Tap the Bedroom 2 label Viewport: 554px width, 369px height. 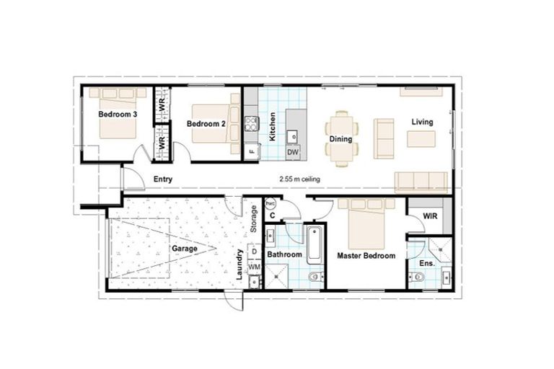click(206, 124)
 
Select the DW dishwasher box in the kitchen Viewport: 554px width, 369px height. click(293, 152)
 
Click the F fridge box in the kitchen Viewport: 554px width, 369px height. click(252, 152)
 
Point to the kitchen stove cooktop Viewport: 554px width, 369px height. click(251, 123)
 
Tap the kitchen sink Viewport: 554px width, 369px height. click(294, 134)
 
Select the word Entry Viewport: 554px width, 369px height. click(162, 179)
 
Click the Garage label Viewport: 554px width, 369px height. click(184, 248)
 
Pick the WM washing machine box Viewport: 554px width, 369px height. click(254, 267)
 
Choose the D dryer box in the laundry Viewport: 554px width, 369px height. click(254, 252)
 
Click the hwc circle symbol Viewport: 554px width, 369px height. click(271, 203)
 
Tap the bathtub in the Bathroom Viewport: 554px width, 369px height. click(315, 246)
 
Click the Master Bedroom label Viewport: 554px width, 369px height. click(366, 256)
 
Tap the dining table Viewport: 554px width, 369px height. click(340, 138)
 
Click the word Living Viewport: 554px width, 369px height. click(422, 122)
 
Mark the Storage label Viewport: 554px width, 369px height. click(254, 218)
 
